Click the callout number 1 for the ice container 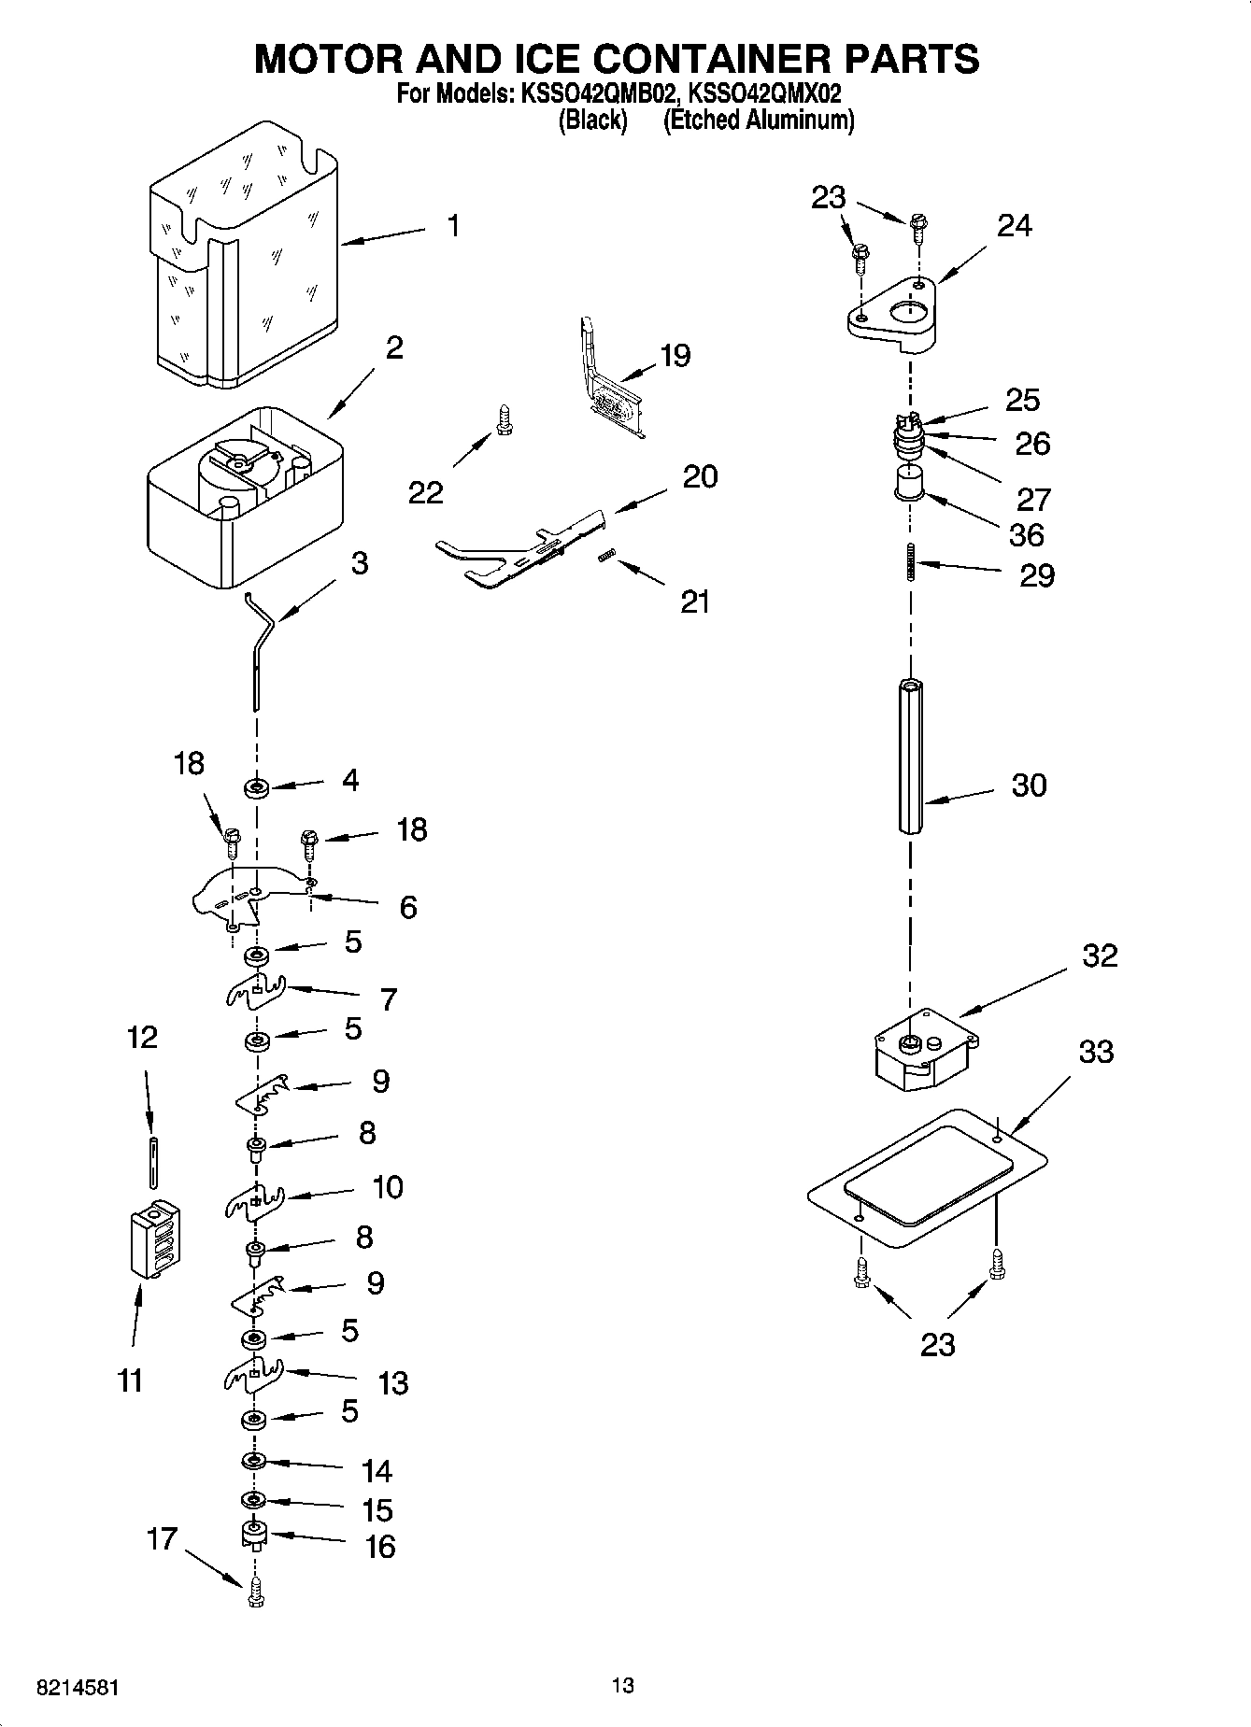[452, 226]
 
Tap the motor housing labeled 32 [923, 1052]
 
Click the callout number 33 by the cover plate [1096, 1052]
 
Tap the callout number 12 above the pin [142, 1037]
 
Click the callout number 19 [675, 355]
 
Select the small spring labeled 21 [606, 556]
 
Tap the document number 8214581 [78, 1688]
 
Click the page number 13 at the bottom [623, 1685]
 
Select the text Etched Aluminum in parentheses [759, 120]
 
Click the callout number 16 [379, 1547]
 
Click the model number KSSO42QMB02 [592, 93]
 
